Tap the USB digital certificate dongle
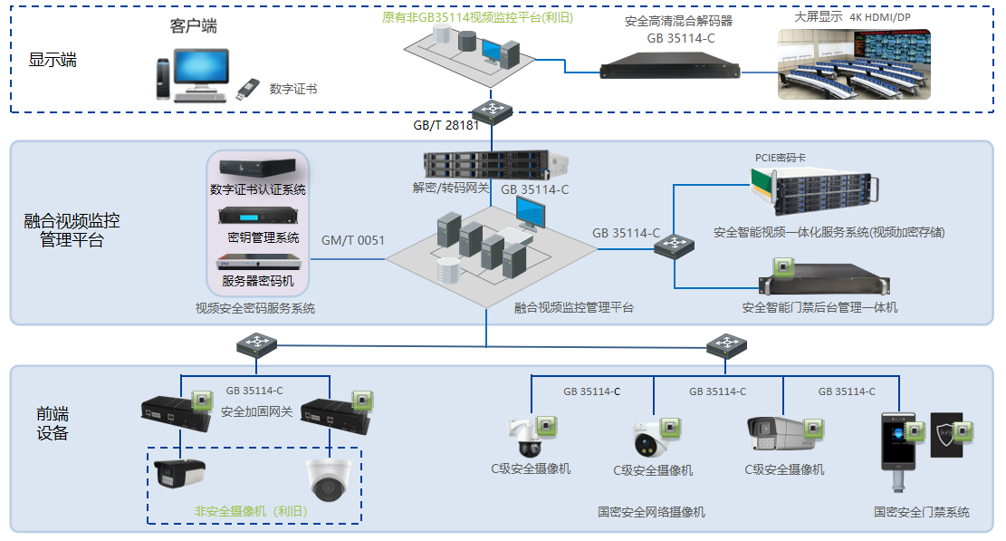[x=247, y=89]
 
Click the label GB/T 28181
[x=446, y=126]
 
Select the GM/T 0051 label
[x=353, y=241]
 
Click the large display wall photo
[x=854, y=64]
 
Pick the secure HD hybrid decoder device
[x=670, y=66]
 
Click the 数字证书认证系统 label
[x=258, y=190]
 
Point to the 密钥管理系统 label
[x=263, y=238]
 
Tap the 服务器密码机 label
[x=258, y=281]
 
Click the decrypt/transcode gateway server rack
[x=495, y=165]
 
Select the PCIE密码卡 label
[x=781, y=158]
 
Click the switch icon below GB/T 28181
[x=492, y=111]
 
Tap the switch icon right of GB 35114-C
[x=675, y=246]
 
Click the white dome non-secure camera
[x=329, y=478]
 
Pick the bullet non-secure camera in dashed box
[x=180, y=474]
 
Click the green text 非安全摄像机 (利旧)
[x=251, y=511]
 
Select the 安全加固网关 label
[x=256, y=412]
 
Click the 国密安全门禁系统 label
[x=921, y=512]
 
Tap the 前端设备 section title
[x=52, y=423]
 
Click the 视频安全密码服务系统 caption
[x=255, y=309]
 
